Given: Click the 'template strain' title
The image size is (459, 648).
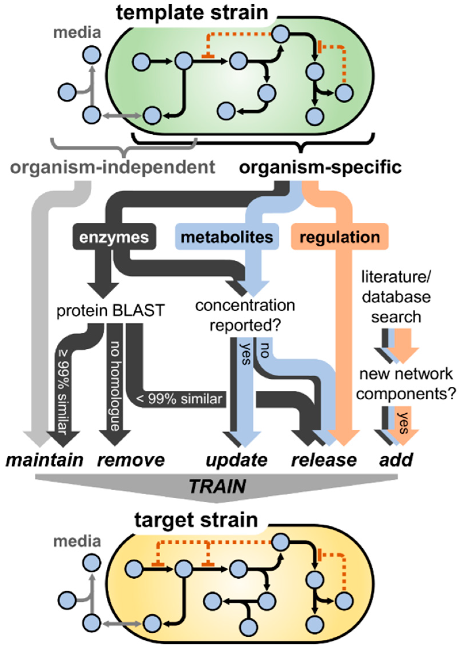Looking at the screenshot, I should [192, 13].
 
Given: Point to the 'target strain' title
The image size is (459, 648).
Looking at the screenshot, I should [196, 520].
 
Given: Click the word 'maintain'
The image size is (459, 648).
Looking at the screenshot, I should [45, 460].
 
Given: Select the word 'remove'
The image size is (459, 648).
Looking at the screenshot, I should [131, 460].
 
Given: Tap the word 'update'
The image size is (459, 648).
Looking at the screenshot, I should [236, 460].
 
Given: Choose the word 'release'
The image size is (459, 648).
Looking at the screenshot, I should [324, 460].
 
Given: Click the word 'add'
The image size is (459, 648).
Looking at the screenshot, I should [396, 460].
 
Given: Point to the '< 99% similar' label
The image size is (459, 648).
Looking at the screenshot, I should [179, 399].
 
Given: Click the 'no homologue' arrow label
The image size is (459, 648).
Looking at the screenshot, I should [115, 385].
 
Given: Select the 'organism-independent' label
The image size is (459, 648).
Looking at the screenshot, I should [113, 168].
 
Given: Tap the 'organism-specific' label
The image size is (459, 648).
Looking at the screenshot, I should [320, 168].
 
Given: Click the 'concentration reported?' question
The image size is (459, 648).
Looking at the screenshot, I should [245, 315].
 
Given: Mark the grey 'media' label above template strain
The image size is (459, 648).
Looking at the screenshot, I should [77, 33].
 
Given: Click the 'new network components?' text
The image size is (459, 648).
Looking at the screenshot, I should [406, 384].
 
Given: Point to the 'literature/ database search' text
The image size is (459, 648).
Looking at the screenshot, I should [396, 297].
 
